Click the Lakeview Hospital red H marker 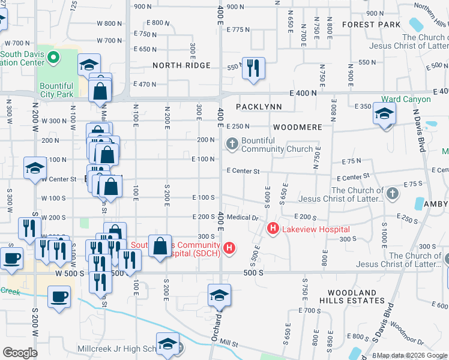coord(273,229)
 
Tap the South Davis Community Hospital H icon coord(229,247)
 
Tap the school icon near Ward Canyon coord(384,113)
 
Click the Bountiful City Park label coord(56,90)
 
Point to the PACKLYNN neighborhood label coord(258,107)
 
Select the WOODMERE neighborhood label coord(297,128)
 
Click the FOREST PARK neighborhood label coord(371,25)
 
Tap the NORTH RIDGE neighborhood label coord(181,65)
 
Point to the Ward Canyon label coord(406,99)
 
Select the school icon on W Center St coord(35,169)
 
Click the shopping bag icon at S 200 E coord(160,247)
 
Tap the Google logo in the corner coord(20,353)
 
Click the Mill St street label coord(229,344)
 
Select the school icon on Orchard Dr coord(219,295)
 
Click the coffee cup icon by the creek coord(58,297)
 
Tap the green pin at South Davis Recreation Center coord(53,58)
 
